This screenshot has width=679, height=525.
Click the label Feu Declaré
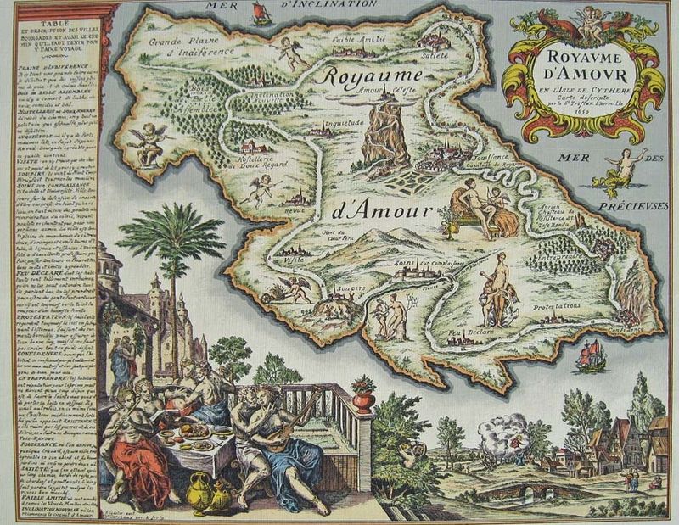coord(464,333)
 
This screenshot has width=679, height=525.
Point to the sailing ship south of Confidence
coord(591,355)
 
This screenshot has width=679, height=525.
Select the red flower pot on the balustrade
coord(363,394)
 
